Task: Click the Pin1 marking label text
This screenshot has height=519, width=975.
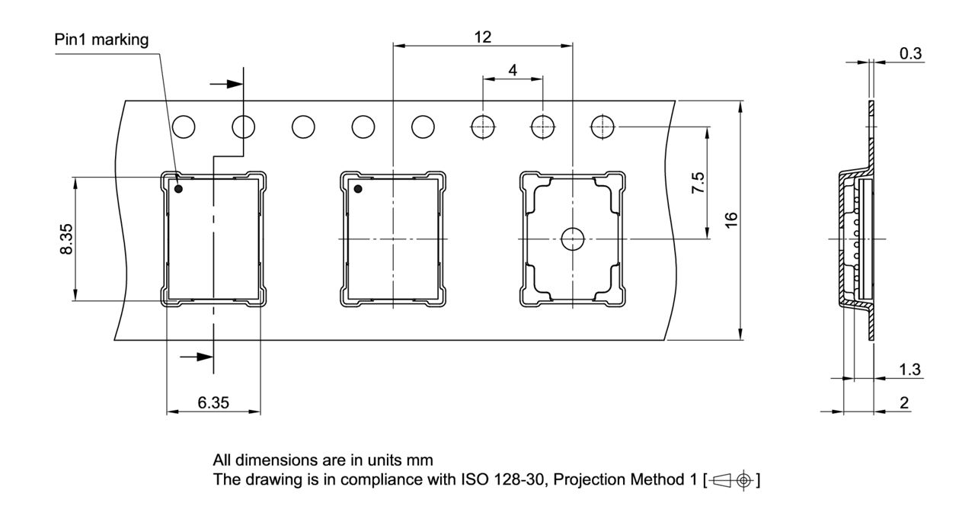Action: [101, 39]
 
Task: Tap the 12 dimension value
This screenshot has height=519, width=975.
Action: [482, 37]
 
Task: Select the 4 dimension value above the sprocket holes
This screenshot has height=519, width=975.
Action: [513, 70]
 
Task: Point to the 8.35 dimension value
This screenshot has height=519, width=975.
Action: [67, 239]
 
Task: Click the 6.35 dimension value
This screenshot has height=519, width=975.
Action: [213, 402]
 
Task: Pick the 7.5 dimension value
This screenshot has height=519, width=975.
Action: [698, 184]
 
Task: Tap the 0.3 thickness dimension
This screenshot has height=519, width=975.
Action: [910, 53]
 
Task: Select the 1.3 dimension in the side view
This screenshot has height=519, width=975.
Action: [909, 370]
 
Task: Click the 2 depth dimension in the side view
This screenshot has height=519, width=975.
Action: [904, 402]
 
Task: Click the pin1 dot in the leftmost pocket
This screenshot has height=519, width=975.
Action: [178, 188]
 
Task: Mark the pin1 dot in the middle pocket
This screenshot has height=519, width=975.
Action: [356, 188]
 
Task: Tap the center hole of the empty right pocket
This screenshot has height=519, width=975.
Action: [571, 239]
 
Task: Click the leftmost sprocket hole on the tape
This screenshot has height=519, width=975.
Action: [184, 126]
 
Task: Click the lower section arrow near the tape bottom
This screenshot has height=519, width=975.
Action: [196, 356]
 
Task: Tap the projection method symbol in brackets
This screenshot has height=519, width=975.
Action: [732, 480]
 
